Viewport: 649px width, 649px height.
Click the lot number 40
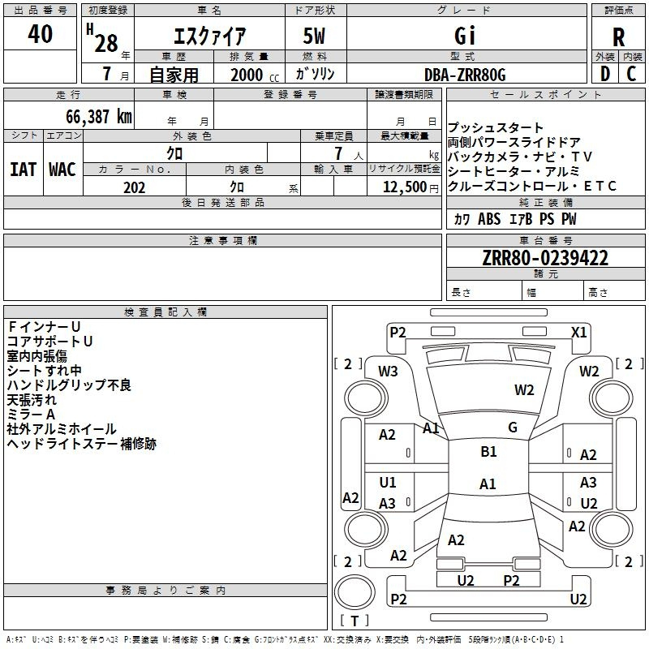tap(40, 33)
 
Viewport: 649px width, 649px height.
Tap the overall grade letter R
tap(618, 37)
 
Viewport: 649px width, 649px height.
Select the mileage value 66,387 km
tap(99, 117)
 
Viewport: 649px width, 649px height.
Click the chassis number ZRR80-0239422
tap(545, 258)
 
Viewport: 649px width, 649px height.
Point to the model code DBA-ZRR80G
tap(465, 75)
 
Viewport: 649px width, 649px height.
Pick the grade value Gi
tap(464, 36)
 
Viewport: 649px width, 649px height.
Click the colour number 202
tap(134, 187)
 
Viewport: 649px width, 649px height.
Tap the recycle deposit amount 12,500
tap(404, 187)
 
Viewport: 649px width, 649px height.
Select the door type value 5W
tap(314, 36)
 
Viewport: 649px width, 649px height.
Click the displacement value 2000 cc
tap(255, 75)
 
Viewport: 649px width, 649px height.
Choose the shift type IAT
tap(23, 170)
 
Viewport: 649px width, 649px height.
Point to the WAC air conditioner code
tap(62, 170)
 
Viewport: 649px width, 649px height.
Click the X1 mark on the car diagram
tap(578, 333)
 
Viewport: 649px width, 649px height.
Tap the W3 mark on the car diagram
tap(388, 372)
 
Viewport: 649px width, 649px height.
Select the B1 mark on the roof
tap(488, 452)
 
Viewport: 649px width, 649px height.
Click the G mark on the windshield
tap(513, 428)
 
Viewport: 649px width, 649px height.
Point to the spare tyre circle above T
tap(355, 592)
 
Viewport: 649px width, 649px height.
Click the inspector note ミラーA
tap(31, 415)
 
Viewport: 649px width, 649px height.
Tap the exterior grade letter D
tap(605, 74)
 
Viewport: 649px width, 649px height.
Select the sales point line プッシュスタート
tap(496, 127)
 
